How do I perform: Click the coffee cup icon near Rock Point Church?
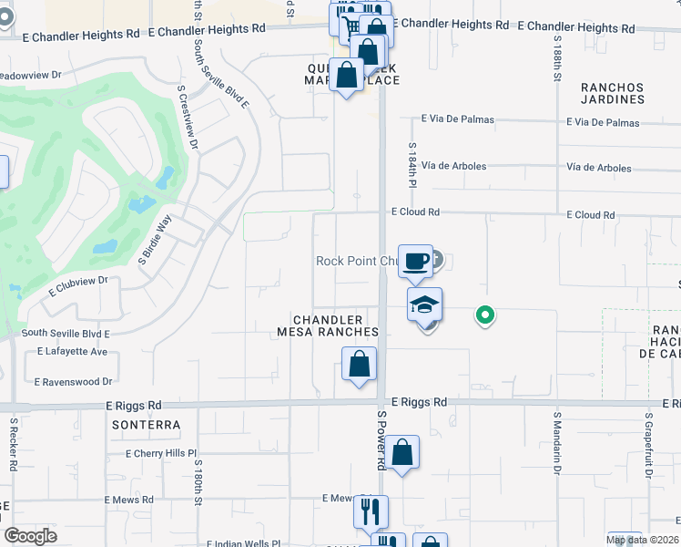[415, 262]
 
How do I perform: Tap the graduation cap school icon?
[424, 305]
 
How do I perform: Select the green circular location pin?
[486, 316]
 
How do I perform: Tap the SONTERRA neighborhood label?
[146, 425]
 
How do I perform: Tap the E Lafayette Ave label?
[73, 351]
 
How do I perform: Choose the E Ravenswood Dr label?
[73, 382]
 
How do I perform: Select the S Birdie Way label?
[155, 240]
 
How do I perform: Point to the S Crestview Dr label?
[188, 118]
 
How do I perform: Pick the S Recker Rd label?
[13, 445]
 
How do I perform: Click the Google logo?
[30, 536]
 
